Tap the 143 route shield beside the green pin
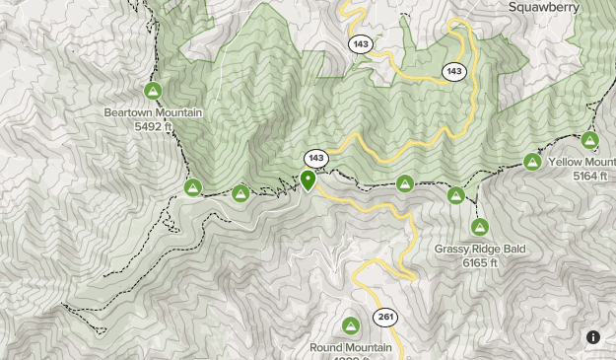pos(315,158)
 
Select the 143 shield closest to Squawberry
pos(453,71)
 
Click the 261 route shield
pos(384,317)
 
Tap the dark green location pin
pos(308,180)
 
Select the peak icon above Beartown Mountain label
pos(153,92)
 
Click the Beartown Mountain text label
pos(153,112)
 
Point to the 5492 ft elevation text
pos(153,126)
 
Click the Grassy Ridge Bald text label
pos(480,250)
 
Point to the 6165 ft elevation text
pos(480,263)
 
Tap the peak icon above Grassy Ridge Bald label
pos(479,228)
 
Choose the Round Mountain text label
pos(351,348)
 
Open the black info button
pos(593,337)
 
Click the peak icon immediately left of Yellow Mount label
pos(532,161)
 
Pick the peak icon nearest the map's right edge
pos(590,140)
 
